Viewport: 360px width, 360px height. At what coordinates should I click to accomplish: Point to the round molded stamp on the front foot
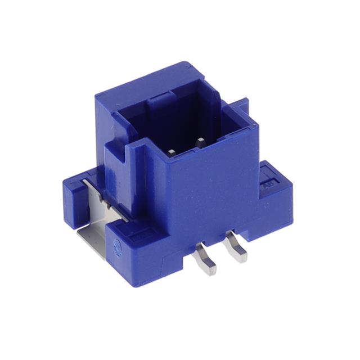[x=118, y=246]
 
